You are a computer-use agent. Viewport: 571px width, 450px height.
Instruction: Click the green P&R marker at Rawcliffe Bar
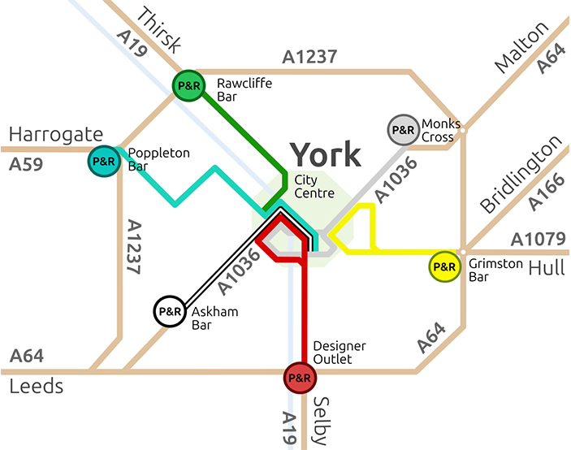tap(188, 85)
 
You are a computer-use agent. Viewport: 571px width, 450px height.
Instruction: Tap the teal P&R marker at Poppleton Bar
tap(104, 161)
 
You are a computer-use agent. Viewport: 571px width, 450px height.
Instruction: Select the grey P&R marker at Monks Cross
tap(403, 129)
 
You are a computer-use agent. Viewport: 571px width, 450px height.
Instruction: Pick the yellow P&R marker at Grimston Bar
tap(444, 266)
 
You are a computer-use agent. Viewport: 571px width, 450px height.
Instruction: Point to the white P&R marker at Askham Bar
tap(169, 310)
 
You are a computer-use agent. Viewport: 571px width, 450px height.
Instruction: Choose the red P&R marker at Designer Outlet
tap(299, 377)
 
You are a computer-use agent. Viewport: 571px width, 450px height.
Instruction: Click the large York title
tap(325, 154)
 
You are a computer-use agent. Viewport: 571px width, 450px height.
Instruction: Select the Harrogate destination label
tap(55, 134)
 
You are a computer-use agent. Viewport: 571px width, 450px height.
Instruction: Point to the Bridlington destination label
tap(520, 175)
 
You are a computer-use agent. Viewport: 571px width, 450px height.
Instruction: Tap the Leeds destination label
tap(37, 386)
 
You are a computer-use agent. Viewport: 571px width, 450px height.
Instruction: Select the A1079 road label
tap(539, 240)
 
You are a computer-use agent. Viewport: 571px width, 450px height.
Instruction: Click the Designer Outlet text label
tap(340, 353)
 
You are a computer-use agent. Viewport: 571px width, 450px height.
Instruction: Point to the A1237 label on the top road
tap(309, 58)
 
